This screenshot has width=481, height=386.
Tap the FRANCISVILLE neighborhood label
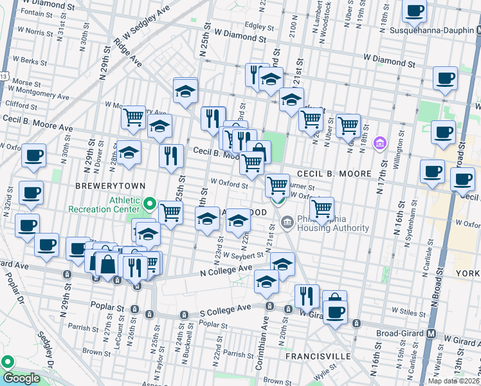tap(320, 356)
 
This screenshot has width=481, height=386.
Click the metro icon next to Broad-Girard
tap(431, 335)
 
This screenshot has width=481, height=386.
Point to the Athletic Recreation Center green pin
tap(149, 205)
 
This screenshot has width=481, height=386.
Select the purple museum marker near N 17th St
tap(379, 142)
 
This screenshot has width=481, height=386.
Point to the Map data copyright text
tap(453, 381)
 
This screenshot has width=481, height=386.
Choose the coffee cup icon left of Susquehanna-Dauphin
tap(415, 10)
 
